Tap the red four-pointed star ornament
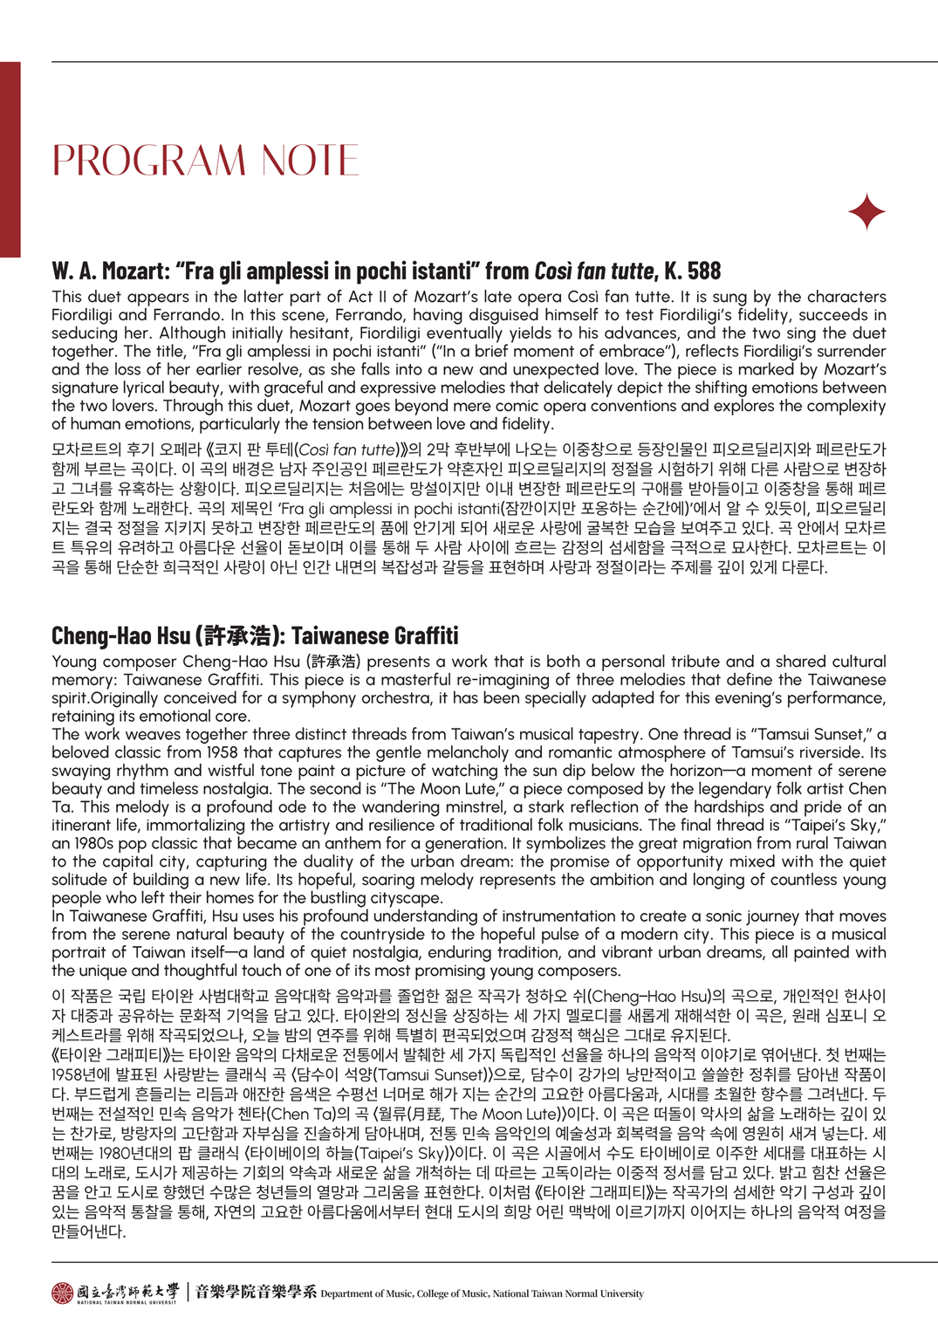coord(866,212)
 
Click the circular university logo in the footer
coord(62,1293)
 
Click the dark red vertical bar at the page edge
coord(10,159)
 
